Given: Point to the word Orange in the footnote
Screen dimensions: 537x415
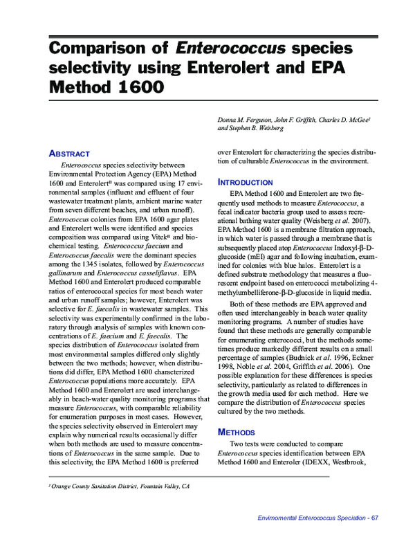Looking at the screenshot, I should click(62, 487).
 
